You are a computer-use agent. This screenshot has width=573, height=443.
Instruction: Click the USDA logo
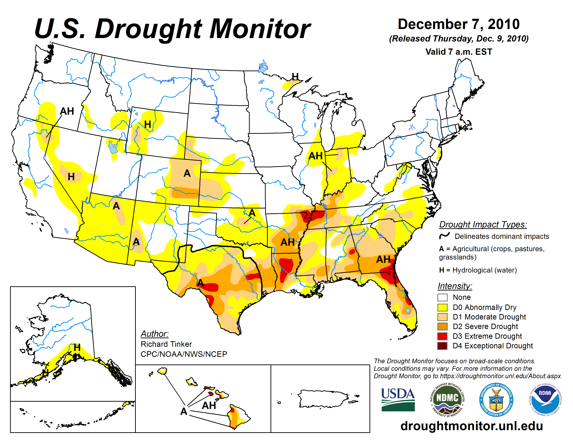pos(398,399)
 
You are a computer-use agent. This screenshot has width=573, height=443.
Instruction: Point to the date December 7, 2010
pos(459,24)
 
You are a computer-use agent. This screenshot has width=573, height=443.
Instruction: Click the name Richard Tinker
pos(166,344)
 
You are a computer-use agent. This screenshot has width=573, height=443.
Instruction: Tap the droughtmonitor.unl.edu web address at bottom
pos(471,426)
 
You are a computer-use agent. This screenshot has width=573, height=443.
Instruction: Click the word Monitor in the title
pos(260,29)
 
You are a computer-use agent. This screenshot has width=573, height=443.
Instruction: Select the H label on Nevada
pos(71,177)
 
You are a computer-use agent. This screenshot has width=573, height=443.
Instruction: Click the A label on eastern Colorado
pos(187,173)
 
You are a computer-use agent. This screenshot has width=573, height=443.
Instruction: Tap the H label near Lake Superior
pos(295,77)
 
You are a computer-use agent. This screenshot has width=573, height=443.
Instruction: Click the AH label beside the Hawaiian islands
pos(209,405)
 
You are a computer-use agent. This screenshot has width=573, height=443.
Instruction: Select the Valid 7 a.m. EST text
pos(459,52)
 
